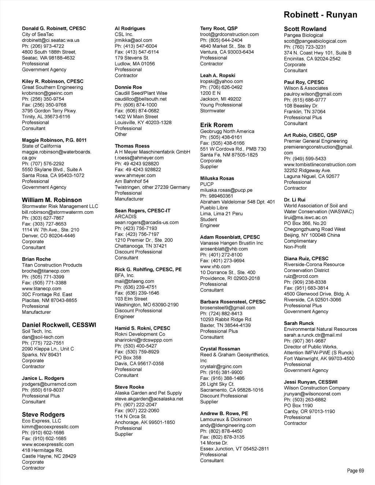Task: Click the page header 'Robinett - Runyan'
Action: pyautogui.click(x=320, y=15)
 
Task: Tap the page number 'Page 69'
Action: pyautogui.click(x=355, y=471)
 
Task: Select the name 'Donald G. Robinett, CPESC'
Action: pyautogui.click(x=54, y=29)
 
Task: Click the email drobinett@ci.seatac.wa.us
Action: pyautogui.click(x=51, y=40)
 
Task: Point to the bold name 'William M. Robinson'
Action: pyautogui.click(x=52, y=200)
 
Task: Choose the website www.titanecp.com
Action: pyautogui.click(x=41, y=288)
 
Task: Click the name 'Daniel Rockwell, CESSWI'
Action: pyautogui.click(x=59, y=325)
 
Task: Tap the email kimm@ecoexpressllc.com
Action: pyautogui.click(x=50, y=426)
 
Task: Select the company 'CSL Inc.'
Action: pyautogui.click(x=124, y=34)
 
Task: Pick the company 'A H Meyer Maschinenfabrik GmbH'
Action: pyautogui.click(x=152, y=152)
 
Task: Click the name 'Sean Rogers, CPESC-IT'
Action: pyautogui.click(x=142, y=210)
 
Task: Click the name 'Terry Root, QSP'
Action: pyautogui.click(x=219, y=29)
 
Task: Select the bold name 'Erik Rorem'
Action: pyautogui.click(x=216, y=125)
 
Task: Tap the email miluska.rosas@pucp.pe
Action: pyautogui.click(x=226, y=190)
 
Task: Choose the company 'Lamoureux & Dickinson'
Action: pyautogui.click(x=226, y=419)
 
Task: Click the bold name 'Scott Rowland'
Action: pyautogui.click(x=305, y=29)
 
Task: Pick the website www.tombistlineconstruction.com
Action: pyautogui.click(x=320, y=164)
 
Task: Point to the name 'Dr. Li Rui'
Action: pyautogui.click(x=294, y=200)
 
